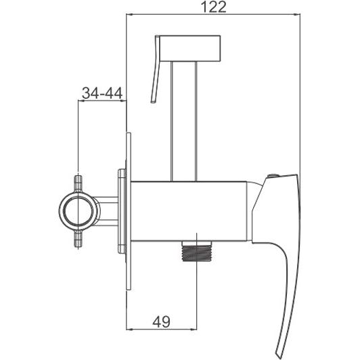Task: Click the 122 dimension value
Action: tap(213, 7)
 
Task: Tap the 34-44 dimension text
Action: tap(102, 93)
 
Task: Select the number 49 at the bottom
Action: tap(161, 321)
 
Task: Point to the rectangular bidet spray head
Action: tap(190, 48)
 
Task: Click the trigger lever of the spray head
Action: tap(155, 69)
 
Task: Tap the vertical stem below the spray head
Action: tap(183, 121)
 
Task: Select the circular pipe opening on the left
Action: tap(79, 211)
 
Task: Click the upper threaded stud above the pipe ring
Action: tap(78, 184)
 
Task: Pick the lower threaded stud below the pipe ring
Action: tap(78, 238)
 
